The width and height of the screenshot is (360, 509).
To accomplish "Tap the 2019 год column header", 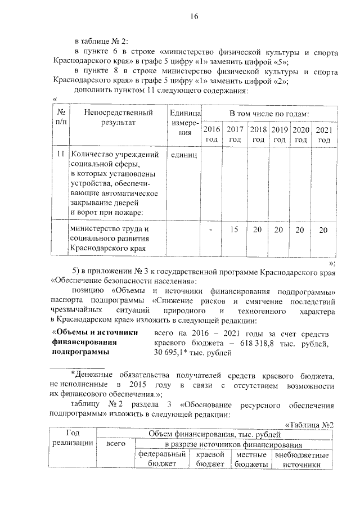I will tap(280, 134).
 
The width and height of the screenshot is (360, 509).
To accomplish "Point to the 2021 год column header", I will tap(323, 134).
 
